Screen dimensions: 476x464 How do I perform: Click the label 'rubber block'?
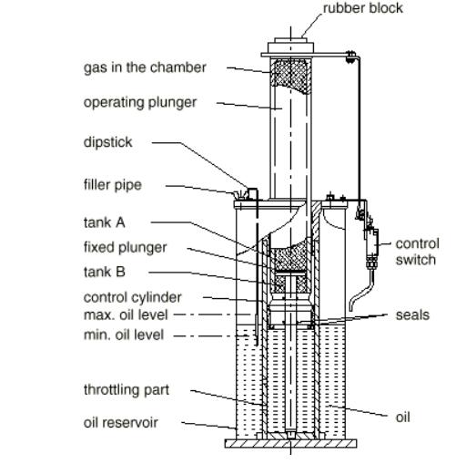(x=363, y=8)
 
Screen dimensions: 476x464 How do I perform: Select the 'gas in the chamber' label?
(x=145, y=67)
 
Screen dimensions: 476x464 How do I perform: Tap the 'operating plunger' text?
(x=140, y=103)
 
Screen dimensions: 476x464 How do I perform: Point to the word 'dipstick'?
(x=107, y=142)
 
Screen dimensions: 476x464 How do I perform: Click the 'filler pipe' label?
(x=113, y=185)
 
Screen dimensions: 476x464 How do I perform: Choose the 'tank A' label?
(x=104, y=222)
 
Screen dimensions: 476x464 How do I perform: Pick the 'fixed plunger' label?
(x=125, y=248)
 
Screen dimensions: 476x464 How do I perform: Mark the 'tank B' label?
(x=104, y=272)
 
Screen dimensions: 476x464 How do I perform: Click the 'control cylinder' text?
(x=132, y=297)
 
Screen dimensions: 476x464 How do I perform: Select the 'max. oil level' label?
(x=126, y=315)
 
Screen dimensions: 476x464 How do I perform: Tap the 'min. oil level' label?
(x=124, y=335)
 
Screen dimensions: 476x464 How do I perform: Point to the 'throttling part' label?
(x=127, y=390)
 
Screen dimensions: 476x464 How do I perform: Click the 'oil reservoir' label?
(x=120, y=423)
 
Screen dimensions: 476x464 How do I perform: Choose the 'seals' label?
(x=412, y=315)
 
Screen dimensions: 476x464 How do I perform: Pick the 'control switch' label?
(x=417, y=252)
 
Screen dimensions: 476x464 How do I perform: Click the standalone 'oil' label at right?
(x=402, y=418)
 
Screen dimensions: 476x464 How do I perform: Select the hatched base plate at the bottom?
(x=290, y=444)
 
